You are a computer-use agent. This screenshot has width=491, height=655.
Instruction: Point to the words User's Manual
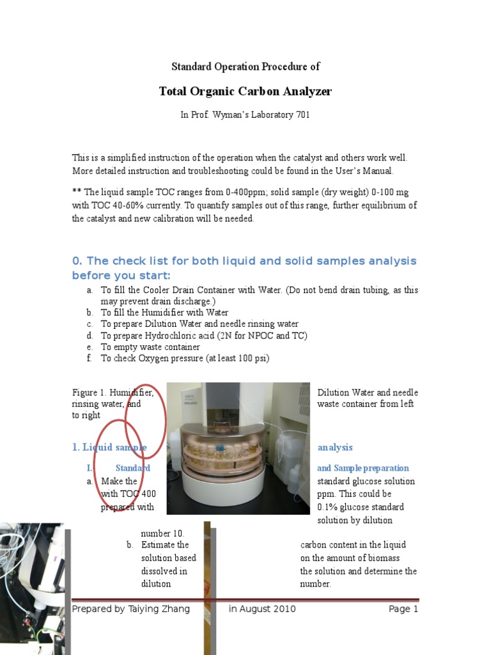click(365, 171)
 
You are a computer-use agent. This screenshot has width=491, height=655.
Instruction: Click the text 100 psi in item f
click(252, 359)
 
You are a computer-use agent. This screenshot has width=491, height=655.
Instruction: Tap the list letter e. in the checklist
click(90, 347)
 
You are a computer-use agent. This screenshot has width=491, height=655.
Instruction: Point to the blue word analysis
click(335, 448)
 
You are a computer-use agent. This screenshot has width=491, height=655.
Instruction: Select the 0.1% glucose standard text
click(361, 507)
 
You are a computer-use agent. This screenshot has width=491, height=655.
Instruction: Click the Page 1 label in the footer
click(403, 609)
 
